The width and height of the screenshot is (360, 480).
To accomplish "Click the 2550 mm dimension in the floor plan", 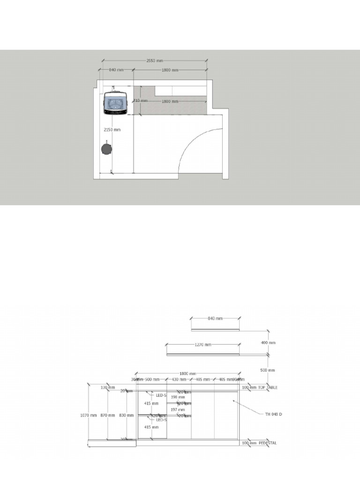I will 155,61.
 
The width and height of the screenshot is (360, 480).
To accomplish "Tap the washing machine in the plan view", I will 115,102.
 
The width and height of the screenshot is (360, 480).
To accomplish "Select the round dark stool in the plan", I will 106,149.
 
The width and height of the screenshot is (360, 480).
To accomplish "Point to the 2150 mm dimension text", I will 112,129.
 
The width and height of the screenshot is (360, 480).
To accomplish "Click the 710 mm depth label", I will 140,101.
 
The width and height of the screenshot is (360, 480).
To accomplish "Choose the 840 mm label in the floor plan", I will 116,70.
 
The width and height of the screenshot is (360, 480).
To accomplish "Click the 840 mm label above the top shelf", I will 215,318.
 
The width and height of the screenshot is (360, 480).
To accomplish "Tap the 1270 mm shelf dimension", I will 202,345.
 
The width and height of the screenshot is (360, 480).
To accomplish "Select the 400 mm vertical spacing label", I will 268,343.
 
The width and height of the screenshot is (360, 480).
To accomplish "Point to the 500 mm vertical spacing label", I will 268,370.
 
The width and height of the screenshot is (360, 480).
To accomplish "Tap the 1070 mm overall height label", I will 89,415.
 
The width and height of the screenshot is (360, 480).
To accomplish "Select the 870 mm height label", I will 108,415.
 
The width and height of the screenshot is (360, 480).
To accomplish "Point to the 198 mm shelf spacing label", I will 175,397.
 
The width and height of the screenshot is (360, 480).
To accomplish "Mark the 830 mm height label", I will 126,415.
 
